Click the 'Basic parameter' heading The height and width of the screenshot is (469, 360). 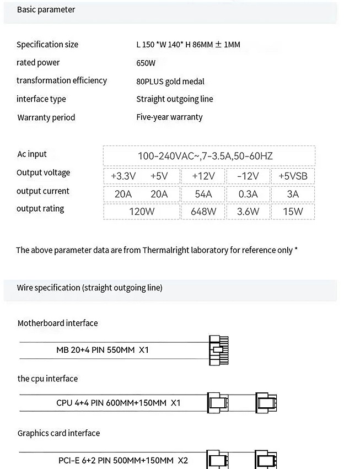click(x=46, y=10)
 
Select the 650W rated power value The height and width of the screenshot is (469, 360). click(x=146, y=63)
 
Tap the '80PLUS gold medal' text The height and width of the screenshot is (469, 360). click(x=170, y=81)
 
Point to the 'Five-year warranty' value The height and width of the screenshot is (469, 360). click(x=169, y=117)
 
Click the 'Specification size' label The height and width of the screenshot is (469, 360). click(x=47, y=45)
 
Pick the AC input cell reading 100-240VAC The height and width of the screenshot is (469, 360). click(x=205, y=156)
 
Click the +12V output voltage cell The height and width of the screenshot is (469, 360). click(x=203, y=176)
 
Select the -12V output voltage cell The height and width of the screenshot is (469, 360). click(x=248, y=176)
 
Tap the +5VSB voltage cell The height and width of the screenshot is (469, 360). click(x=293, y=176)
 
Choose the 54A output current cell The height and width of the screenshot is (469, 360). click(x=203, y=193)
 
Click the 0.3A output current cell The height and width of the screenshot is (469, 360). click(x=248, y=193)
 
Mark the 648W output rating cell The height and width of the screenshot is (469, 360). click(x=203, y=211)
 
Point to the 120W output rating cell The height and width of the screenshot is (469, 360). click(x=141, y=211)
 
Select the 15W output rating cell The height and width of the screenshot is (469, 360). click(x=293, y=211)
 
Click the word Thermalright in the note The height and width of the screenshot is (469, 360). click(x=165, y=250)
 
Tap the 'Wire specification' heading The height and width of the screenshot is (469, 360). click(x=89, y=288)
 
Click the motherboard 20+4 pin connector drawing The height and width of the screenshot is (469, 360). click(x=218, y=350)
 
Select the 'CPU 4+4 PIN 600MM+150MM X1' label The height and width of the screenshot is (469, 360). click(x=118, y=403)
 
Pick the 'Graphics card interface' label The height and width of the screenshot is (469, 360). click(x=58, y=433)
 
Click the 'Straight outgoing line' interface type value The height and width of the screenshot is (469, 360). click(x=174, y=99)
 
